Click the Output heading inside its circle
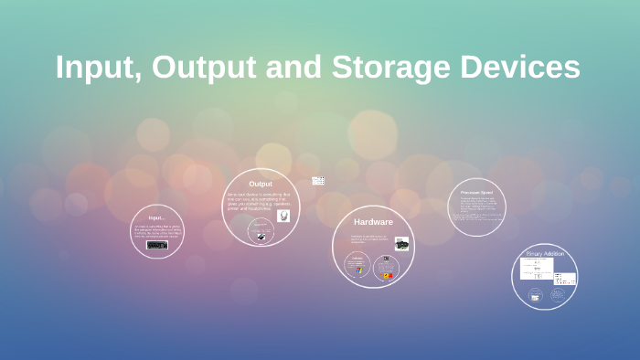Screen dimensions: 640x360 [261, 184]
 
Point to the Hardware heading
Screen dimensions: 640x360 [373, 222]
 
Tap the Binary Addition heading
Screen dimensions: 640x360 [545, 253]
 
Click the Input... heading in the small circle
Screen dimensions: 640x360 [156, 217]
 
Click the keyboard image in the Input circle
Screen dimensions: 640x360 [157, 244]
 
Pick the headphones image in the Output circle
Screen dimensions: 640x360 [283, 217]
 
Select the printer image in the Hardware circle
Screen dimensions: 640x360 [401, 244]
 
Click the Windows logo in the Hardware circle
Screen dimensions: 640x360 [358, 270]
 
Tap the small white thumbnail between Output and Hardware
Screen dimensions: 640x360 [318, 181]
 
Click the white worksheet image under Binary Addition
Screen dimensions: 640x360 [537, 269]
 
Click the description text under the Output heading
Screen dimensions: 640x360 [259, 202]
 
